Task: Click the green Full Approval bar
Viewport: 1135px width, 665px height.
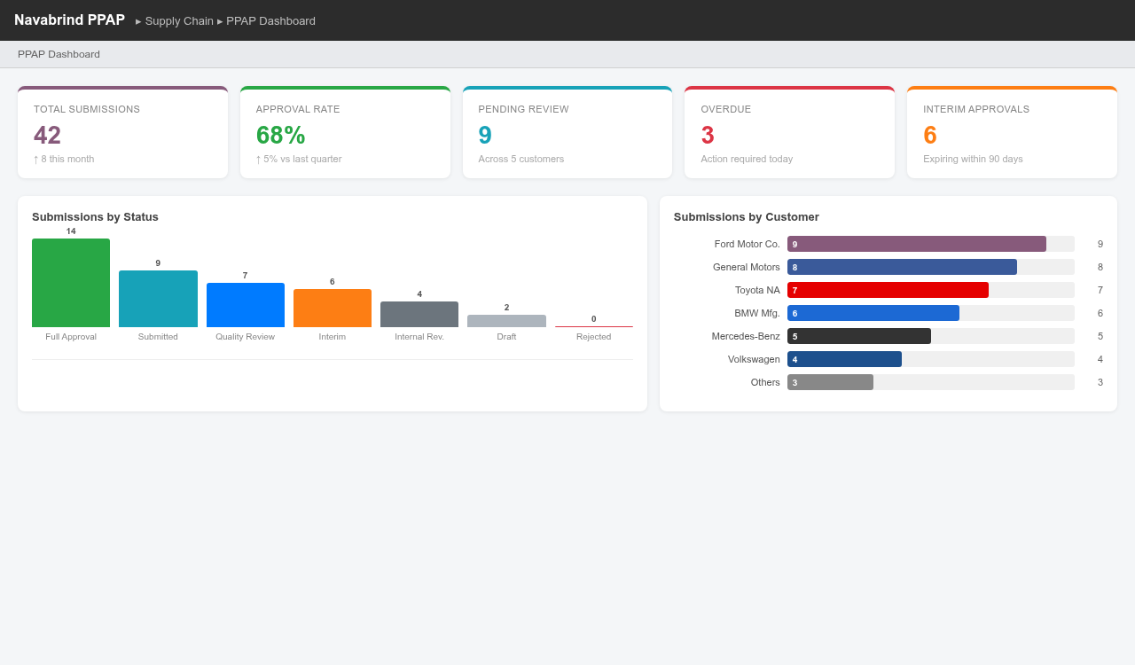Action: [x=71, y=283]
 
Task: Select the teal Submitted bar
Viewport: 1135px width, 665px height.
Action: [x=158, y=299]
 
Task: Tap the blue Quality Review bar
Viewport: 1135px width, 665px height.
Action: [x=245, y=305]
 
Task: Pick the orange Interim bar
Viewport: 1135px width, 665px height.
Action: [x=333, y=309]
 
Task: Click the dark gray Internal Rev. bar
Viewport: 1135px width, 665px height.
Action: [x=419, y=315]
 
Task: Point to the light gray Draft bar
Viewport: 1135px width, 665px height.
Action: [x=506, y=321]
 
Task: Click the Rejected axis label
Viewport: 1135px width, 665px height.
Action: [x=593, y=337]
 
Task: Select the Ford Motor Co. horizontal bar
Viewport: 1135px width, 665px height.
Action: [x=916, y=244]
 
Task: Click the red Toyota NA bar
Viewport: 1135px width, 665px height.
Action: [x=888, y=290]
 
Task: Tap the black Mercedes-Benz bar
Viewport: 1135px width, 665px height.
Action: [x=858, y=336]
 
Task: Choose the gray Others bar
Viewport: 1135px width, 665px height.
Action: [x=830, y=382]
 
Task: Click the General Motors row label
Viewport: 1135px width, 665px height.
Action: [x=746, y=267]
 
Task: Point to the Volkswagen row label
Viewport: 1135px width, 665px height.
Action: [x=754, y=359]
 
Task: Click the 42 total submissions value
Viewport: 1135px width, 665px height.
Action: [x=48, y=135]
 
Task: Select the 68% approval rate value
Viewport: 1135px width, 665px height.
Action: [x=280, y=135]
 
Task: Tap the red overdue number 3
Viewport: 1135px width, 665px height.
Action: [x=708, y=135]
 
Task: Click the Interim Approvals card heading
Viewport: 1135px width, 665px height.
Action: [x=975, y=109]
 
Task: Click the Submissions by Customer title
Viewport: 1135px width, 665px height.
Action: [x=746, y=217]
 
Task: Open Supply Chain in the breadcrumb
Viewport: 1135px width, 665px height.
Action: [x=179, y=20]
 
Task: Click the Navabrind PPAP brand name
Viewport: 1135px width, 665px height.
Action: [x=69, y=20]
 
